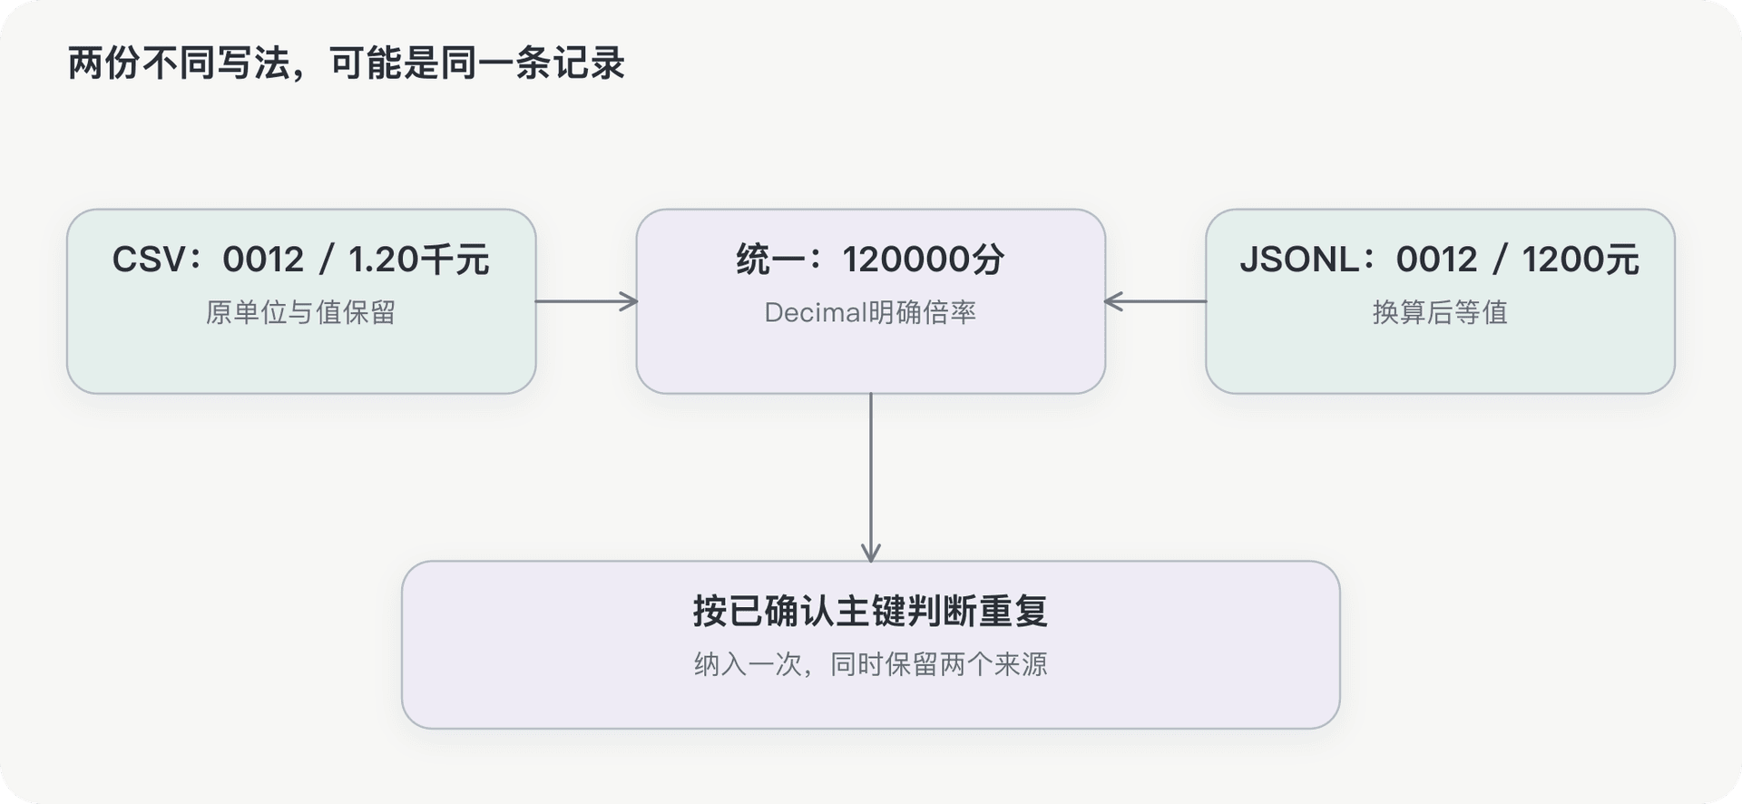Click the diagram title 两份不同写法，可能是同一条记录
(x=347, y=64)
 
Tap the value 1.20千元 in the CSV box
(x=419, y=260)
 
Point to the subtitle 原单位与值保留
(x=300, y=312)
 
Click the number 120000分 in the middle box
(x=924, y=260)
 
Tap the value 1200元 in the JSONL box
(x=1581, y=260)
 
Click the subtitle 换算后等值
(x=1440, y=312)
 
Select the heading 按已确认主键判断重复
(x=871, y=611)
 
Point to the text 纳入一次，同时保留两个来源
(x=871, y=664)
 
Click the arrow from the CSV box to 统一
(x=586, y=301)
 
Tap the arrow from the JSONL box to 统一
(x=1155, y=301)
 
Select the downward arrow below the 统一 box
(x=871, y=477)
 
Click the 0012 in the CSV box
(x=263, y=260)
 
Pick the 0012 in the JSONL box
(x=1436, y=260)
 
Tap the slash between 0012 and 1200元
(x=1500, y=260)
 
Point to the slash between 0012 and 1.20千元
(x=327, y=260)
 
